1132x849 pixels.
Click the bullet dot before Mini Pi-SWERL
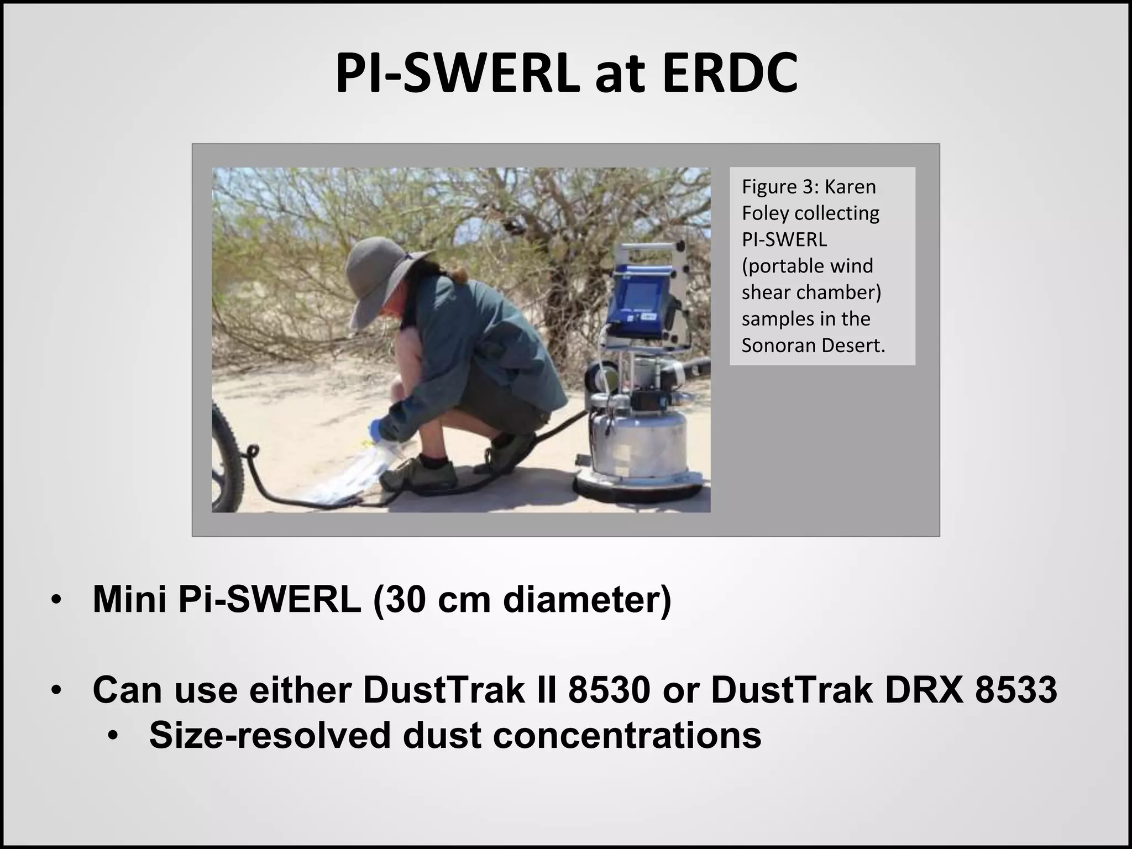click(55, 600)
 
